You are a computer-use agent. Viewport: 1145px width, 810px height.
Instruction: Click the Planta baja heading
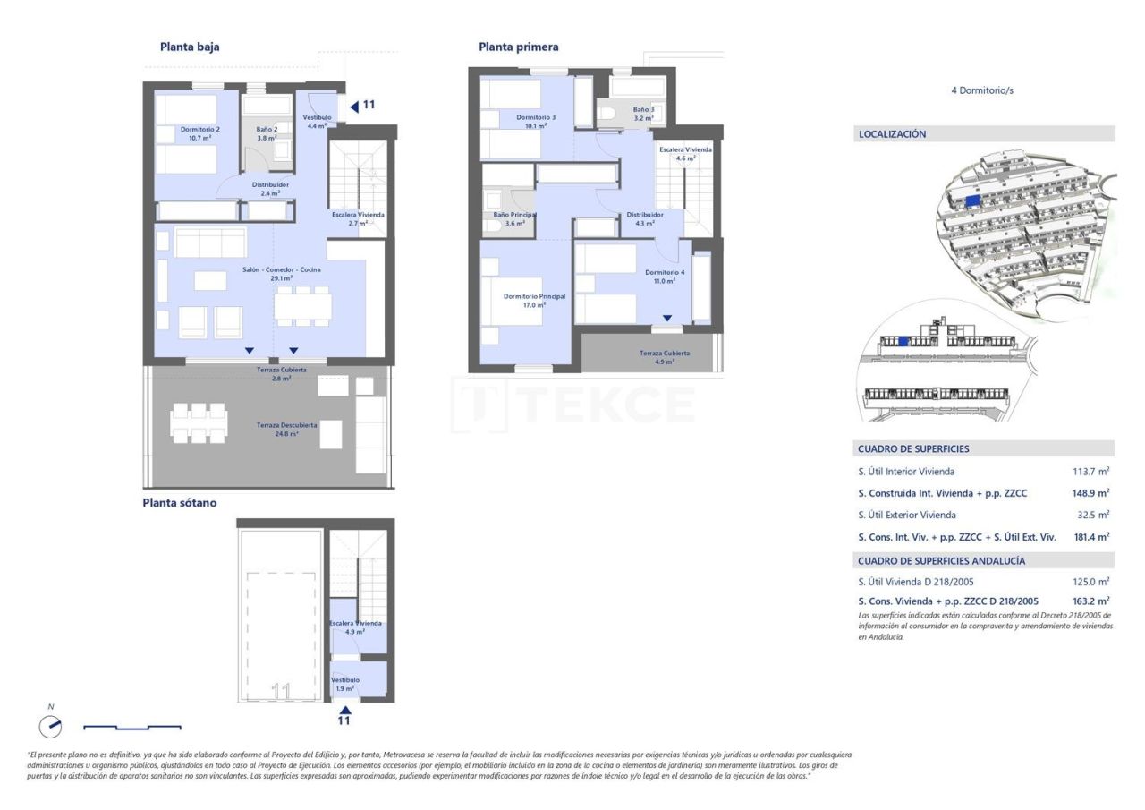[x=190, y=47]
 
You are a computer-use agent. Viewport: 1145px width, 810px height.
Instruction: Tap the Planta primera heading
[x=519, y=47]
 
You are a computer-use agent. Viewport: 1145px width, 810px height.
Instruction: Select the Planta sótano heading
[x=179, y=503]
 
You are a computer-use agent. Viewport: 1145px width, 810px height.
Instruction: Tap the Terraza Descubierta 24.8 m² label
[x=274, y=429]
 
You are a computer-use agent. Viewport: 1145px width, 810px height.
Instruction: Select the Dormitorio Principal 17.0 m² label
[x=534, y=300]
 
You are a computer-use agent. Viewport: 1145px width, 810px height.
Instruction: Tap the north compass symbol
[x=51, y=727]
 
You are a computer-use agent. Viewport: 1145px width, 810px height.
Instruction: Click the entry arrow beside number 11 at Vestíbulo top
[x=354, y=106]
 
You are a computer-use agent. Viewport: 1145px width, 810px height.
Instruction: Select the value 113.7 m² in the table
[x=1090, y=472]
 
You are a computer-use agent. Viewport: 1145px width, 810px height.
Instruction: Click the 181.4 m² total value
[x=1090, y=536]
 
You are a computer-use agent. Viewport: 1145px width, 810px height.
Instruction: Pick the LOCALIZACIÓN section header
[x=893, y=134]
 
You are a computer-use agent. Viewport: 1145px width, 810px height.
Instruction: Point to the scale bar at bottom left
[x=132, y=727]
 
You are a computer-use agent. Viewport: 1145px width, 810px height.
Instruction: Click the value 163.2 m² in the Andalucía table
[x=1090, y=601]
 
